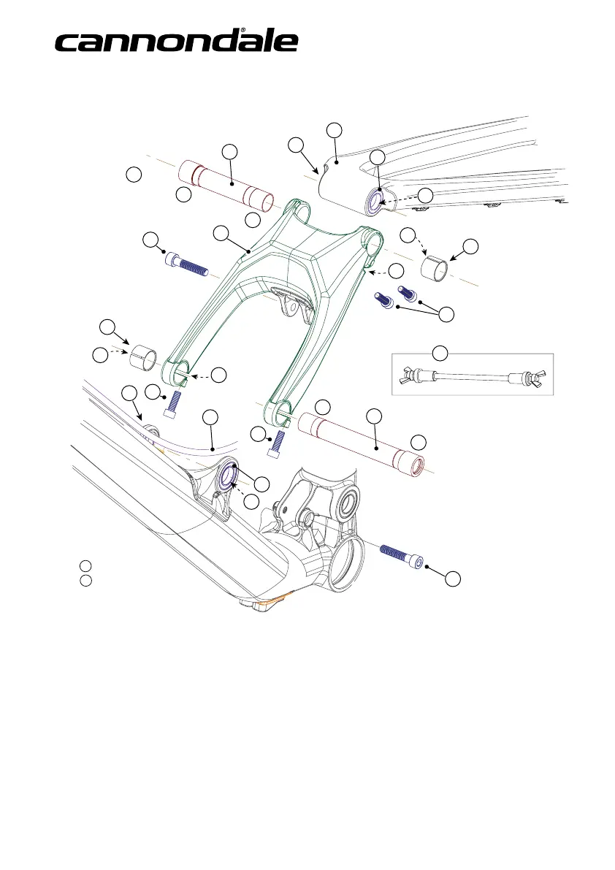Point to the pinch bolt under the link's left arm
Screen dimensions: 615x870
[175, 403]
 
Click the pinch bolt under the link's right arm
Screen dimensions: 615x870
[275, 443]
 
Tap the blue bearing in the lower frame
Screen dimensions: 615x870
[227, 475]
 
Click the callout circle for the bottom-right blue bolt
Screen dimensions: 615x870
[454, 579]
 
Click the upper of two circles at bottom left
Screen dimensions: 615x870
[85, 566]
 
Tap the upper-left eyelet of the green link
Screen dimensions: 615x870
[302, 214]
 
